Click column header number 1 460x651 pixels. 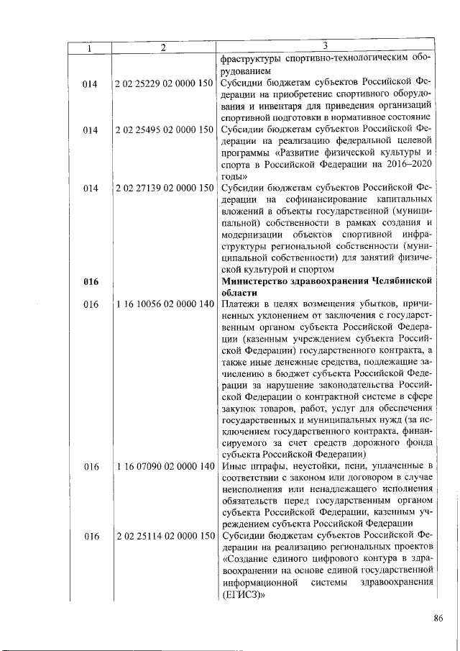[90, 47]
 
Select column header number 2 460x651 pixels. [164, 47]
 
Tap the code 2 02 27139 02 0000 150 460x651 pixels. [164, 188]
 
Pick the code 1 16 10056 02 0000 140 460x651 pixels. [164, 305]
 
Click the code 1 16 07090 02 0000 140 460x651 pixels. [164, 467]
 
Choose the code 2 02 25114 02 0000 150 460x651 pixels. [164, 537]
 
